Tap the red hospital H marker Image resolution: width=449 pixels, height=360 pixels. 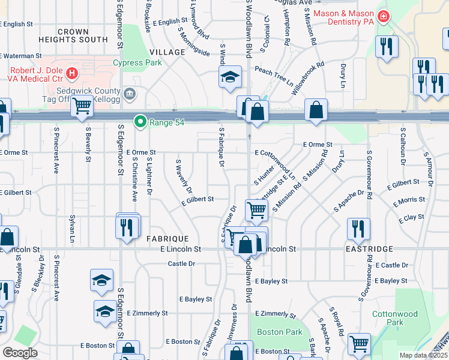click(72, 74)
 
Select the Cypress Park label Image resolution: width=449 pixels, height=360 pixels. click(137, 62)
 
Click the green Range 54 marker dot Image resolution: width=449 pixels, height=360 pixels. click(140, 122)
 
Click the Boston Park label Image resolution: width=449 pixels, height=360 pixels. click(279, 332)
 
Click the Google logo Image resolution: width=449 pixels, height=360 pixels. click(20, 353)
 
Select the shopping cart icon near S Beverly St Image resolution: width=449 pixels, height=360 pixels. click(82, 106)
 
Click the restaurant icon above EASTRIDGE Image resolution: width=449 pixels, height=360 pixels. click(358, 228)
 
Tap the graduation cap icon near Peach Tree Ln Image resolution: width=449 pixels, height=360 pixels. click(229, 77)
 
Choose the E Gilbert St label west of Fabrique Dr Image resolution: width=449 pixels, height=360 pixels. click(197, 203)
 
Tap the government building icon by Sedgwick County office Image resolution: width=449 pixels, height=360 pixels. click(129, 94)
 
